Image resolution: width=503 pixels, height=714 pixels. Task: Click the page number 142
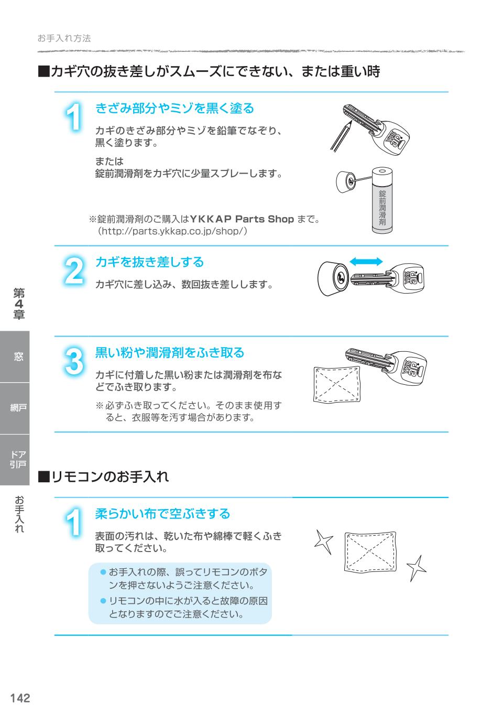pyautogui.click(x=20, y=698)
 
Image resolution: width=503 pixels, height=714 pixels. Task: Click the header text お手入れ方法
pyautogui.click(x=64, y=38)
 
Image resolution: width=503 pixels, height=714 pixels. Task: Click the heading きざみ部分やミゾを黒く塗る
pyautogui.click(x=174, y=109)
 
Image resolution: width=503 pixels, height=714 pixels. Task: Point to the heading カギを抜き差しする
pyautogui.click(x=149, y=262)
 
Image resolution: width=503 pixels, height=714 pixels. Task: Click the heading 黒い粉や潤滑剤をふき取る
pyautogui.click(x=170, y=353)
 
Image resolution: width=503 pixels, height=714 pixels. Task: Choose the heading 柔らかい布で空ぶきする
pyautogui.click(x=162, y=514)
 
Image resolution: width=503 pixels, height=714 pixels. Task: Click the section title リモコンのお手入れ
pyautogui.click(x=110, y=477)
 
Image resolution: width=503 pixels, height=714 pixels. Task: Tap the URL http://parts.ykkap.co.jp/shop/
pyautogui.click(x=169, y=231)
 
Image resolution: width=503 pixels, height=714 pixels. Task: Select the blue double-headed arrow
pyautogui.click(x=366, y=262)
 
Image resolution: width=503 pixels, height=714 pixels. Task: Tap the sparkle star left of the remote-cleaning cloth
pyautogui.click(x=324, y=542)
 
